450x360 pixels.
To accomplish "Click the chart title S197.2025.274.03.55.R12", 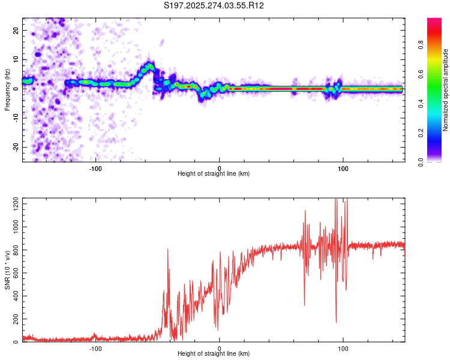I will (x=214, y=5).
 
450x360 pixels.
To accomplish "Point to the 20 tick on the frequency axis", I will (x=16, y=30).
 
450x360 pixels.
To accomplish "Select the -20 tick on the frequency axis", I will (x=15, y=147).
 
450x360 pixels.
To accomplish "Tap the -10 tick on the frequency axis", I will (x=15, y=118).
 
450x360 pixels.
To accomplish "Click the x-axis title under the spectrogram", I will (x=214, y=174).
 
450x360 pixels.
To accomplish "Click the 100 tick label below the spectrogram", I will (x=343, y=167).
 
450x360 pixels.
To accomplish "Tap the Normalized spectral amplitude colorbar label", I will (x=446, y=90).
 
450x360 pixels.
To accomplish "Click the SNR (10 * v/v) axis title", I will (x=7, y=270).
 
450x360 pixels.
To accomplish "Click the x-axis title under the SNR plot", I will (x=214, y=354).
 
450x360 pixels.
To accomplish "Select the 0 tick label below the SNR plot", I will (x=219, y=347).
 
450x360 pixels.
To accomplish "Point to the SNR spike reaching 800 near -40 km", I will (x=168, y=250).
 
